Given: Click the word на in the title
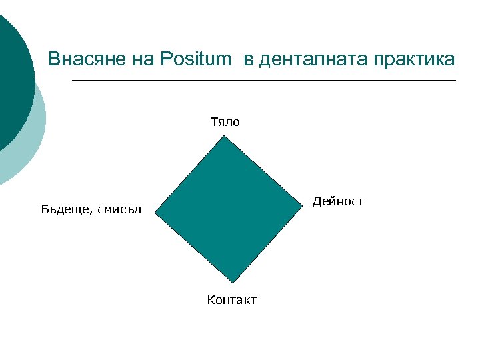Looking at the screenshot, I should (x=143, y=59).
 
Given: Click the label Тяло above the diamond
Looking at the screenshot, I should (x=225, y=122).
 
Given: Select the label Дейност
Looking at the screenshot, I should (x=339, y=201).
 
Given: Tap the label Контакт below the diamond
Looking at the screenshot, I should (x=231, y=300).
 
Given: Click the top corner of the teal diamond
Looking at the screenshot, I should (x=225, y=137).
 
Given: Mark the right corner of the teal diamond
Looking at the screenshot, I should (x=303, y=207).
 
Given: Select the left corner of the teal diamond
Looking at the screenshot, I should (x=155, y=213).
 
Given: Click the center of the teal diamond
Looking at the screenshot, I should (x=229, y=209).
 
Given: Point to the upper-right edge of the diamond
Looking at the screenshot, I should (x=264, y=172).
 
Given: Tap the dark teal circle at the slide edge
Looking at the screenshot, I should (x=12, y=80).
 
